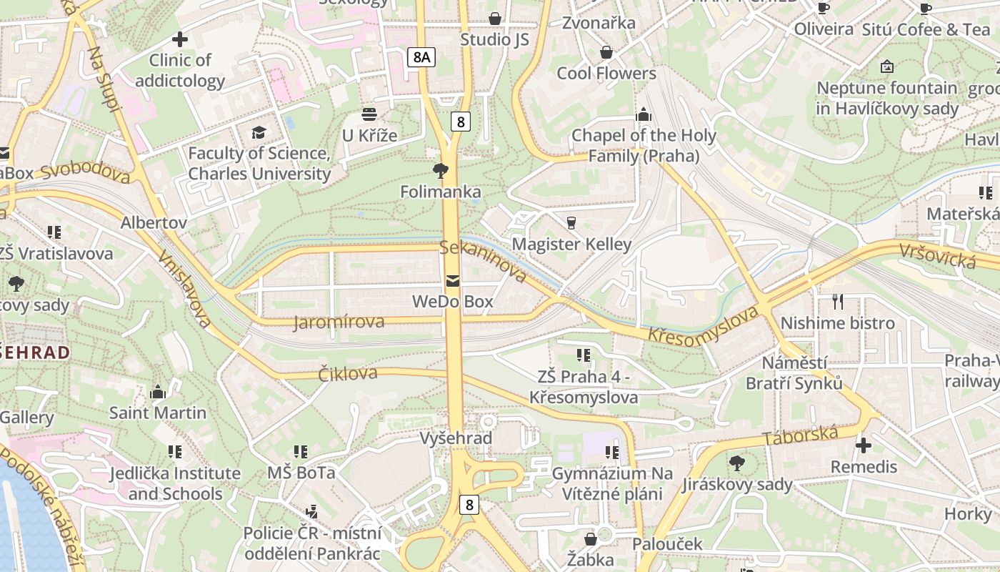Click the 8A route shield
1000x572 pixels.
[421, 57]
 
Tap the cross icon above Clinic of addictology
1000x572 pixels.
[180, 39]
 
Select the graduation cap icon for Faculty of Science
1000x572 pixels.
[258, 132]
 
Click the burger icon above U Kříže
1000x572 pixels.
[369, 114]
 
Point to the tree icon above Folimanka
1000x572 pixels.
[441, 170]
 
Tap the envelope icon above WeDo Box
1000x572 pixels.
[453, 280]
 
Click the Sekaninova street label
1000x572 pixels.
[484, 260]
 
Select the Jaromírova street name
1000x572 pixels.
[339, 322]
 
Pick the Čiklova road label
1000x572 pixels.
[348, 373]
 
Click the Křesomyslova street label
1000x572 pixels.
[702, 327]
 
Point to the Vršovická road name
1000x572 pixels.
[937, 256]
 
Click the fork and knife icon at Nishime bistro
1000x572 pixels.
[838, 302]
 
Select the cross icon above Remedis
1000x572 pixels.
[864, 445]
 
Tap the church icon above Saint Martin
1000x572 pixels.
[158, 392]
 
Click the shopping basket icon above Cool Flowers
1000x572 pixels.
[606, 52]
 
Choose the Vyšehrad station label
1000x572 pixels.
[456, 438]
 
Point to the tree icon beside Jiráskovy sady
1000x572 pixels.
[736, 463]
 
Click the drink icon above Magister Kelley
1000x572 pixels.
[571, 222]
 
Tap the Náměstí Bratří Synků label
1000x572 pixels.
[794, 373]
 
